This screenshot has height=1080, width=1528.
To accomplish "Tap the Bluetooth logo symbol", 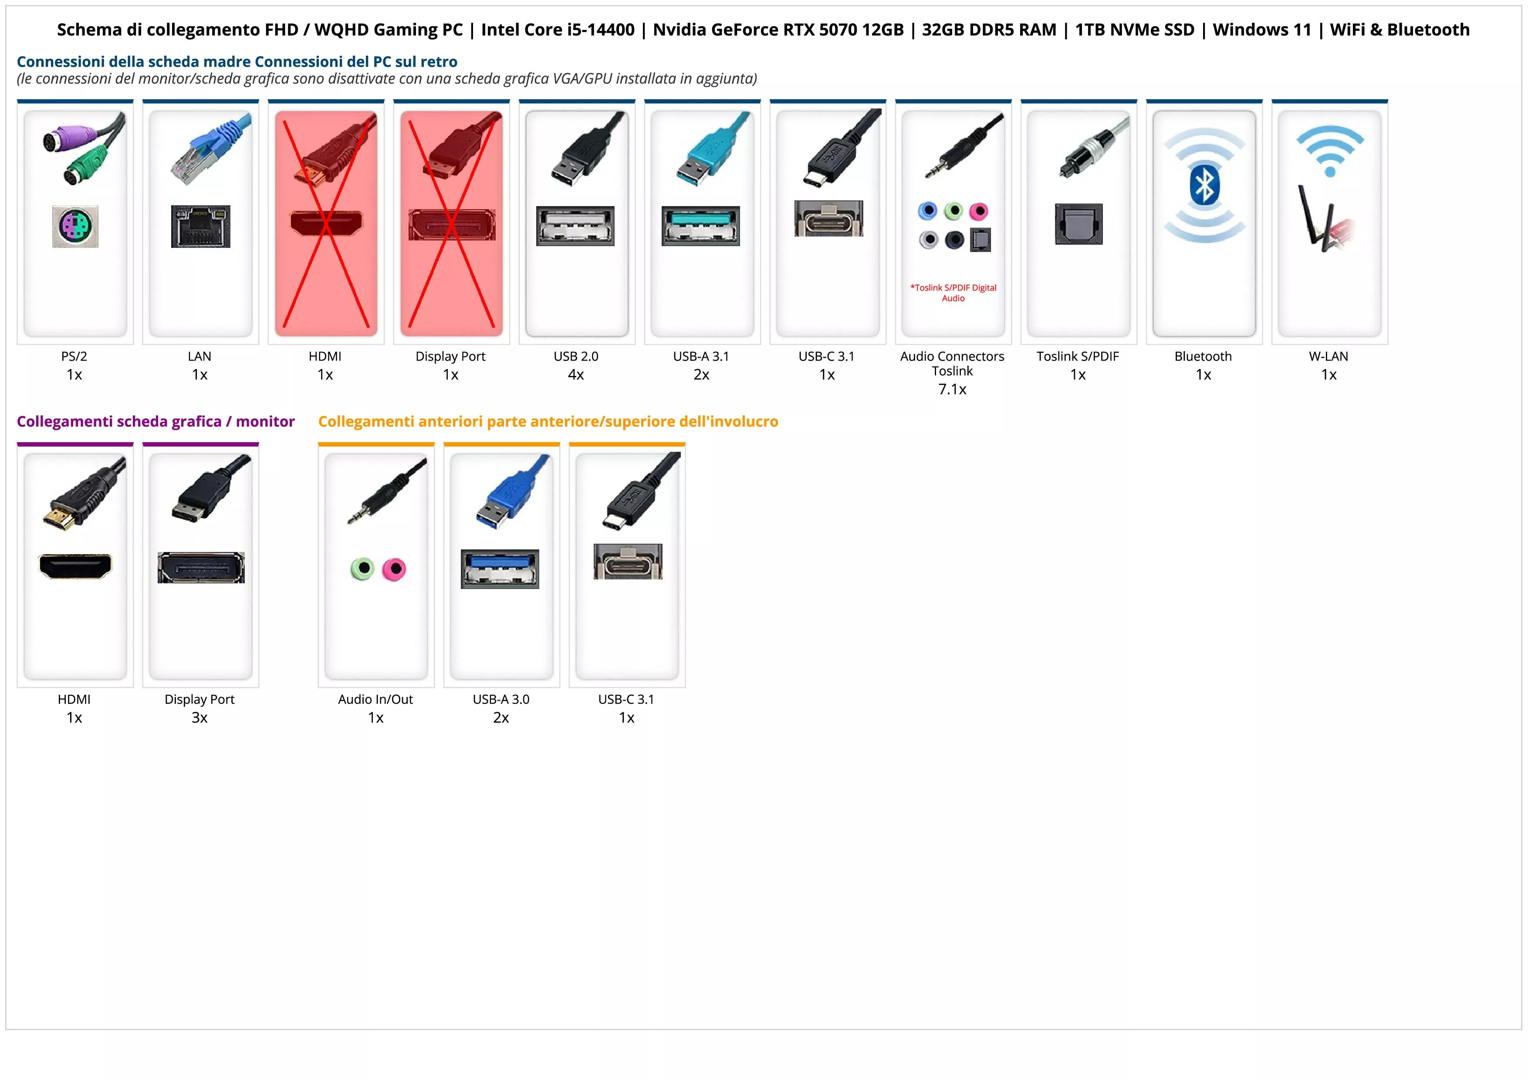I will pyautogui.click(x=1204, y=185).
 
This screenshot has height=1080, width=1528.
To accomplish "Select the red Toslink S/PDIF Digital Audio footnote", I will pyautogui.click(x=953, y=293).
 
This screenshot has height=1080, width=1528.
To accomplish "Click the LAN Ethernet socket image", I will pyautogui.click(x=200, y=226).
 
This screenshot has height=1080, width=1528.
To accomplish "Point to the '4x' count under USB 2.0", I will pyautogui.click(x=576, y=375).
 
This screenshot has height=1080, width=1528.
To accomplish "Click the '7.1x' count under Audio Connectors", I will pyautogui.click(x=952, y=389).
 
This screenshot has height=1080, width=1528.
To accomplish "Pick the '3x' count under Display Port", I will pyautogui.click(x=199, y=718).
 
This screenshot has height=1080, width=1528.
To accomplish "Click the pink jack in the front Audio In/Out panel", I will pyautogui.click(x=395, y=569).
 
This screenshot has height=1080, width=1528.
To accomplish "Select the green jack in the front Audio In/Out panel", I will pyautogui.click(x=363, y=569).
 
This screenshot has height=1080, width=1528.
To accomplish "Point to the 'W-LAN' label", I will pyautogui.click(x=1329, y=356).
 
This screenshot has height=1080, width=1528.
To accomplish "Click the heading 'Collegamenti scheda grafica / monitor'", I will pyautogui.click(x=156, y=421).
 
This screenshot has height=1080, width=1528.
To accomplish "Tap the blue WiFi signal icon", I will pyautogui.click(x=1330, y=150).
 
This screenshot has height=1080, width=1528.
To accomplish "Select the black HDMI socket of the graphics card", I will pyautogui.click(x=75, y=566).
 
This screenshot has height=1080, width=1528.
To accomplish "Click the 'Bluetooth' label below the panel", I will pyautogui.click(x=1203, y=356).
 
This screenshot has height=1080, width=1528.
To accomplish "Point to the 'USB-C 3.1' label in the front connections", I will pyautogui.click(x=626, y=699).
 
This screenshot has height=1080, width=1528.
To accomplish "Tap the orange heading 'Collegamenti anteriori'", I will pyautogui.click(x=548, y=421).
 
